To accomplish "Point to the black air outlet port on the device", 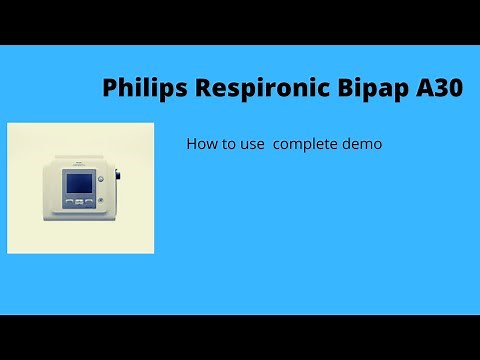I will coord(117,183).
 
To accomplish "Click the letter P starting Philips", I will coord(110,88).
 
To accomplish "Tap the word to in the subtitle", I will coord(226,144).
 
